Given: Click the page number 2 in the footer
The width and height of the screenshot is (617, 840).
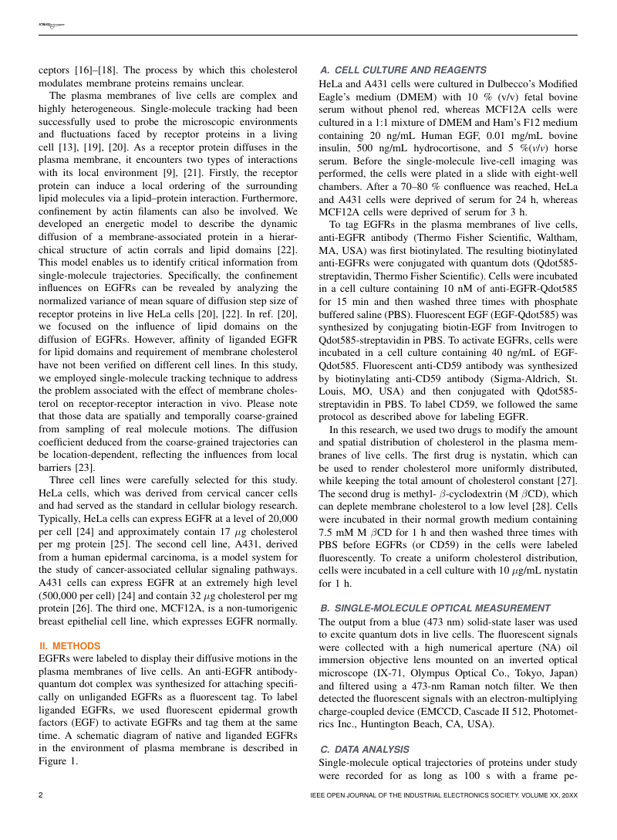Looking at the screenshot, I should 41,794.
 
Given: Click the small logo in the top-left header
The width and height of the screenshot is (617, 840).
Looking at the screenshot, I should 51,26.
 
